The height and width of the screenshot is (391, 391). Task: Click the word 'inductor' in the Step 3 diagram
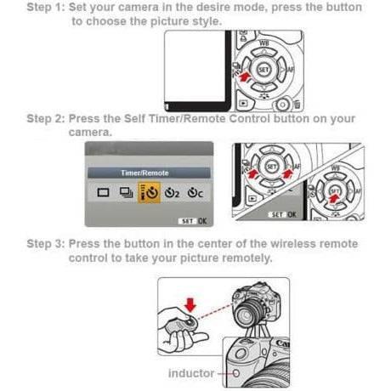coord(191,372)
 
